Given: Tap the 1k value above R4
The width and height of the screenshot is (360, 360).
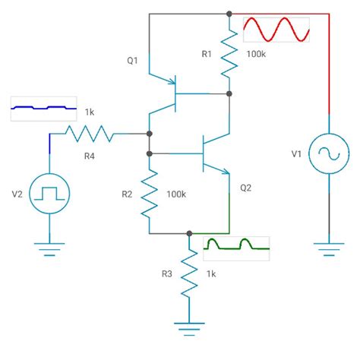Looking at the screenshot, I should tap(90, 112).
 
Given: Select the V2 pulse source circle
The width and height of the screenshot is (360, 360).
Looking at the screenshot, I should tap(50, 191).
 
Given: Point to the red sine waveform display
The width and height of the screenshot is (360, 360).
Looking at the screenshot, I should tap(276, 31).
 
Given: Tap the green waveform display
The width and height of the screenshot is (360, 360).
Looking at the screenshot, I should tap(236, 246).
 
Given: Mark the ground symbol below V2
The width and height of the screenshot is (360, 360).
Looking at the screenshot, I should tap(50, 248).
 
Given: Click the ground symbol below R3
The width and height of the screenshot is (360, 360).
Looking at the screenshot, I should tap(188, 327).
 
